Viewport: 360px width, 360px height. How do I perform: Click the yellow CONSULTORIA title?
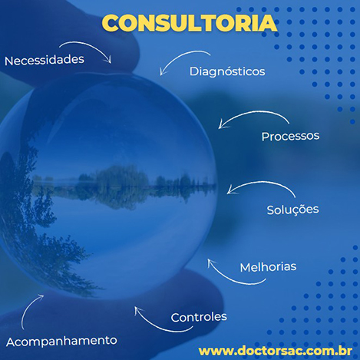190,23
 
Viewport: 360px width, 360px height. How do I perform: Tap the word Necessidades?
45,61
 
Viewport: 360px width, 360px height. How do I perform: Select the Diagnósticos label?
227,71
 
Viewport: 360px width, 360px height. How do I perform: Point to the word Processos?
290,136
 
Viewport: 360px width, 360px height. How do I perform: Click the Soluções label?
292,210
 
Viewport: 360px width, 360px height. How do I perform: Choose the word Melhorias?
268,267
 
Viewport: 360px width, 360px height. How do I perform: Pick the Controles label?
199,317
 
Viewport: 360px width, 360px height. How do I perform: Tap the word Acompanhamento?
61,342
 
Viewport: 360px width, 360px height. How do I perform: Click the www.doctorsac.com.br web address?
276,351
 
